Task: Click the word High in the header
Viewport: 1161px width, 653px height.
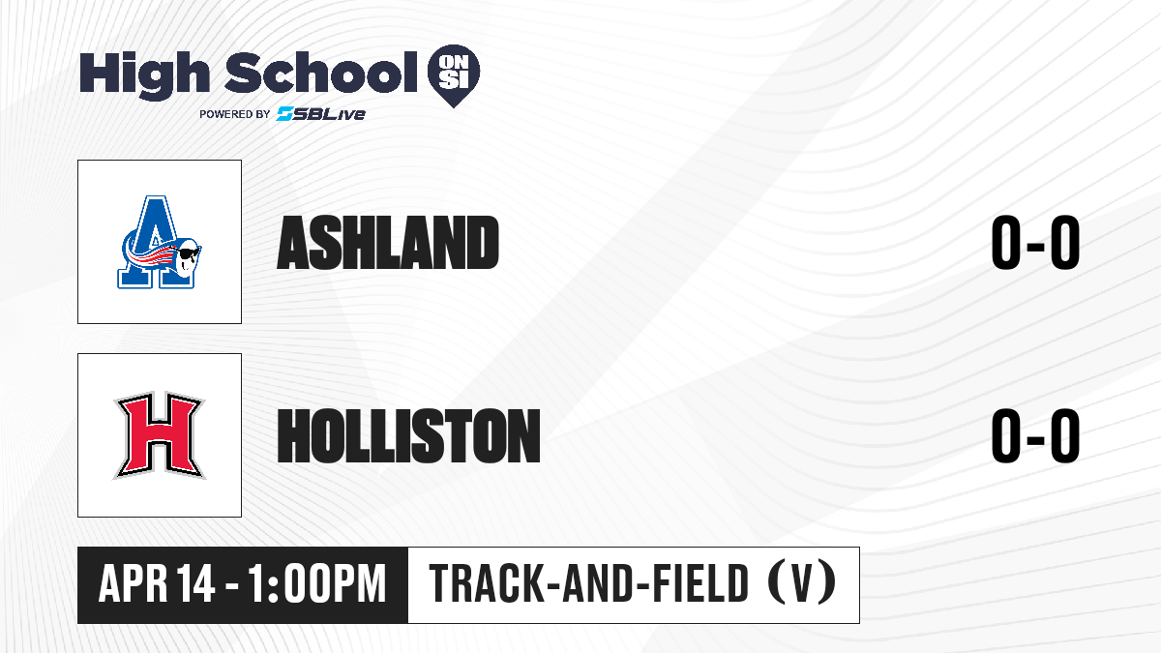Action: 144,75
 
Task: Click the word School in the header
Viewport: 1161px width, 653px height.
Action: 321,73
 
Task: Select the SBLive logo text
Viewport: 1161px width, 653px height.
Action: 320,114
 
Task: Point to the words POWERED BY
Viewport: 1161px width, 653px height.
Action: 235,114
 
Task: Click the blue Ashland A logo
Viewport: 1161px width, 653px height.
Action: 156,242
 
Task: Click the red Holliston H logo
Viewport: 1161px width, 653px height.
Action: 160,435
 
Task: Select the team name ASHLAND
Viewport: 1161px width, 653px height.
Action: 388,243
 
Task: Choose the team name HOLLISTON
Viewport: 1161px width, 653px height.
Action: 408,435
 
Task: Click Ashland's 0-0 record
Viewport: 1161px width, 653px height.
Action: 1035,243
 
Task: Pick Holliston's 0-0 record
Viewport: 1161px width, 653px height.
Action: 1035,435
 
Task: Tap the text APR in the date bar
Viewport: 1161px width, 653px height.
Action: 134,583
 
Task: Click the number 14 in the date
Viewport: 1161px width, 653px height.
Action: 195,583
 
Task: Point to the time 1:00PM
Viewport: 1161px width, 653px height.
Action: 317,583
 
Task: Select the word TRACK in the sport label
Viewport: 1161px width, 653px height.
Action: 485,583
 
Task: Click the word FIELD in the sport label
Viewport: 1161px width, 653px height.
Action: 700,583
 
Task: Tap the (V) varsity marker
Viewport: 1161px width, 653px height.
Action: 802,583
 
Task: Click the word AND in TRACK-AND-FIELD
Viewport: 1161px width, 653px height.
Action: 596,583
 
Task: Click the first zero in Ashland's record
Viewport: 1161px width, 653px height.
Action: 1006,243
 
